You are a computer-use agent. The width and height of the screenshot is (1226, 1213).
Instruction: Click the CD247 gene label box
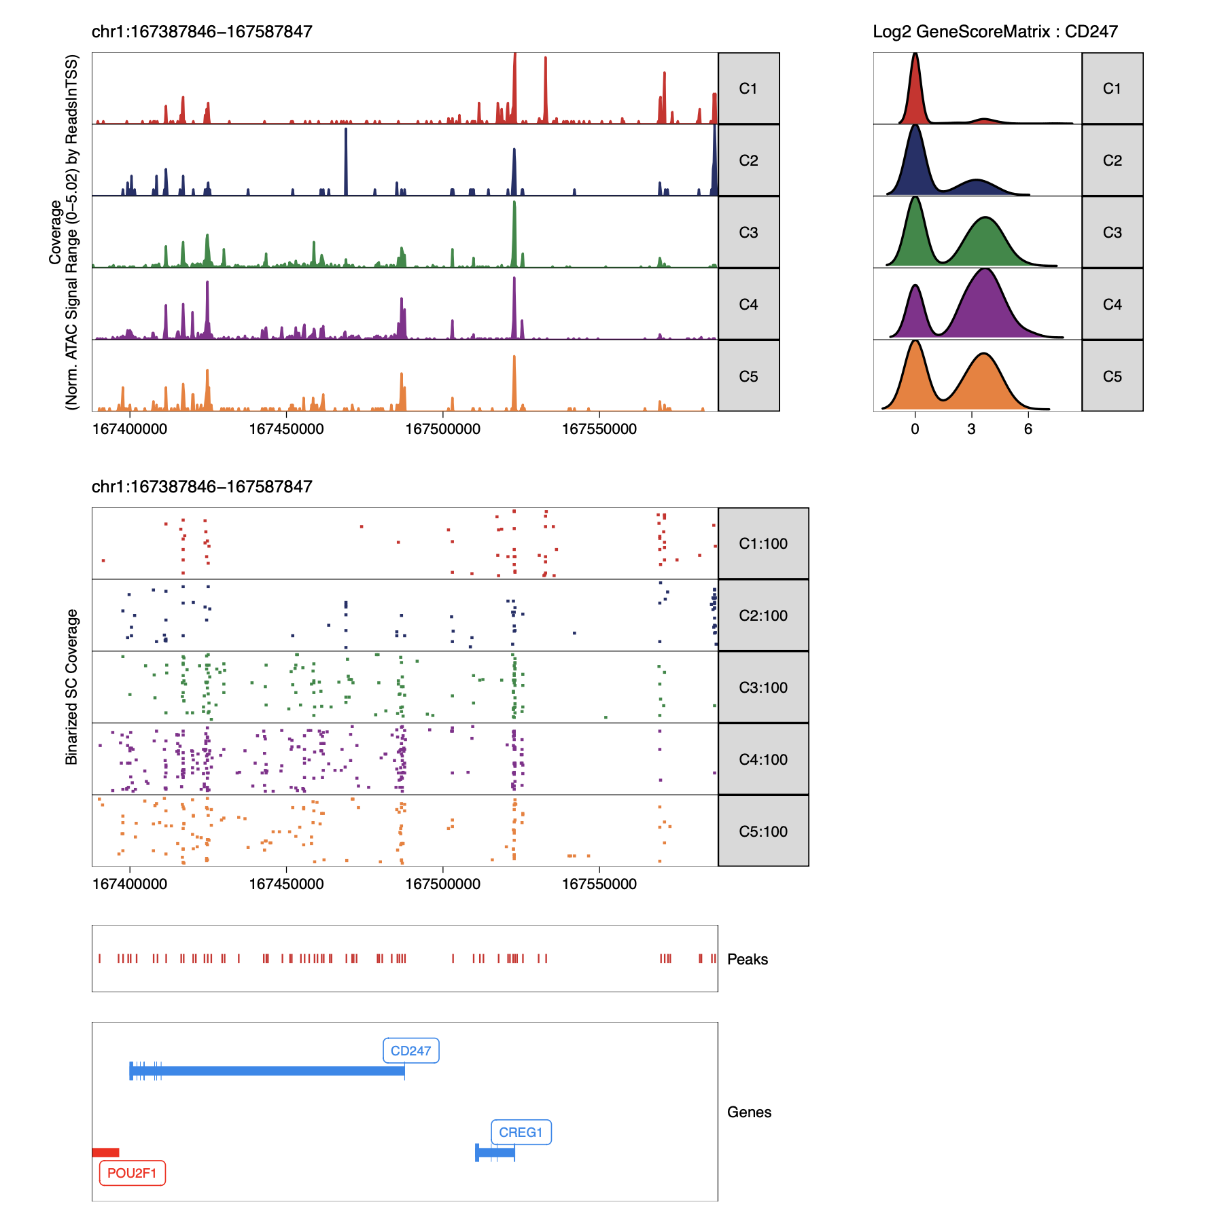click(410, 1051)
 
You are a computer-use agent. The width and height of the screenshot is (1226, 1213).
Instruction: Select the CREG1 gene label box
click(521, 1132)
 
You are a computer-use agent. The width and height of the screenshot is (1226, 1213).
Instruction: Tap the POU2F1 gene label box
click(132, 1173)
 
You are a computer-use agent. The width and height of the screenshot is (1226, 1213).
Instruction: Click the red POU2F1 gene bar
click(105, 1152)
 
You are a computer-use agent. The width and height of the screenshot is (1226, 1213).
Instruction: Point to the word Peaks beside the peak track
click(747, 959)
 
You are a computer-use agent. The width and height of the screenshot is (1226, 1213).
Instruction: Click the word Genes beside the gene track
click(749, 1112)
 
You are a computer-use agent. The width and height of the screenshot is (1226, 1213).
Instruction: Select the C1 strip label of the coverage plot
click(748, 88)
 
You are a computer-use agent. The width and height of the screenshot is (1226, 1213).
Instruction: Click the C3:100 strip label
click(763, 687)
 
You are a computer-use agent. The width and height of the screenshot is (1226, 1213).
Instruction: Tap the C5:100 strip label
click(763, 831)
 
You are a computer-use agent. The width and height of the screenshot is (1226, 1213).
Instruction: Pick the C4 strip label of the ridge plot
click(1112, 304)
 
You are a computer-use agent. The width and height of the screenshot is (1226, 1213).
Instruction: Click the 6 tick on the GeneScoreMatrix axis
click(1028, 429)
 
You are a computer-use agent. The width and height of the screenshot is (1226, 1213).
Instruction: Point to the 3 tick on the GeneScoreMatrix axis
click(972, 429)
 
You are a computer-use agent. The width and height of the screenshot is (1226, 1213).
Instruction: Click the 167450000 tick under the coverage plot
click(286, 429)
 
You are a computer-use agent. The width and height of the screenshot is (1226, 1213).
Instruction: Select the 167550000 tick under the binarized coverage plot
click(599, 884)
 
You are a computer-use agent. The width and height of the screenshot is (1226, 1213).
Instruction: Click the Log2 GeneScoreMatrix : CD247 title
click(995, 31)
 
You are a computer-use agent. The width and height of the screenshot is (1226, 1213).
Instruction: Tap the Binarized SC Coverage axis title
click(71, 687)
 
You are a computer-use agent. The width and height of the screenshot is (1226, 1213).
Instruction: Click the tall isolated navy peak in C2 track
click(346, 163)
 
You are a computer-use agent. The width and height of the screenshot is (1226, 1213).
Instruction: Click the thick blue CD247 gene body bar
click(272, 1071)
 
